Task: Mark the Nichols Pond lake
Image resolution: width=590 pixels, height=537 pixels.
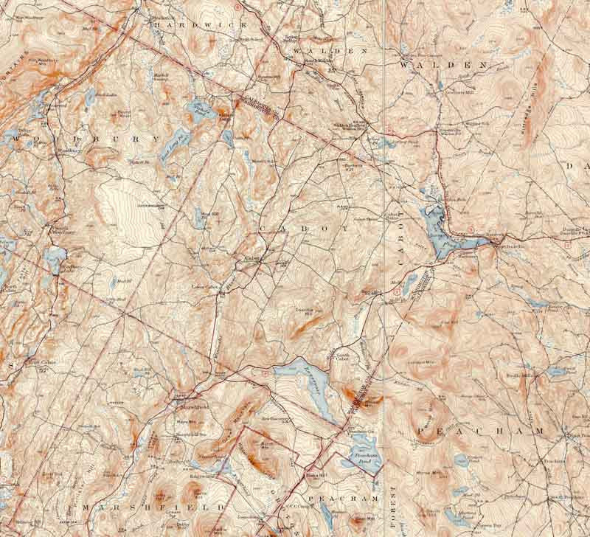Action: tap(198, 110)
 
